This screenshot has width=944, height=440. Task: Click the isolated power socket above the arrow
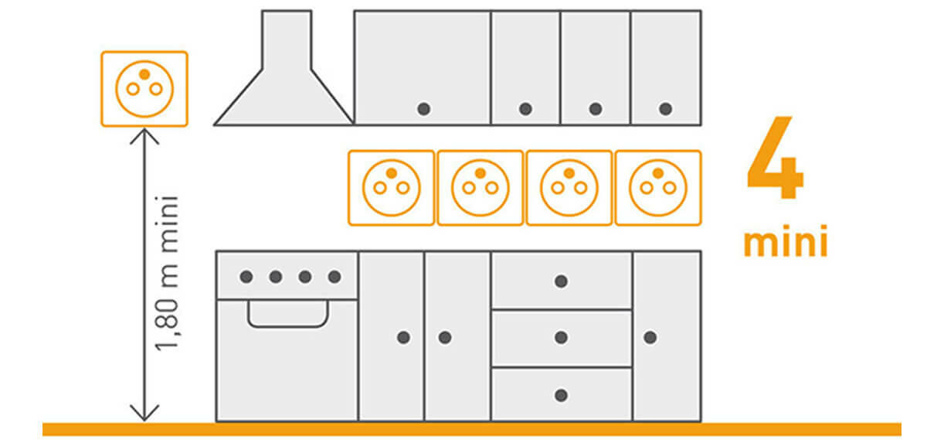coord(144,89)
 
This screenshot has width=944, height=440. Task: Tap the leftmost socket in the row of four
coord(391,188)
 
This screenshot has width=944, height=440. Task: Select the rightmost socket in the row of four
coord(658,188)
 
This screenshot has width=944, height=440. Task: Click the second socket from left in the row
coord(480,188)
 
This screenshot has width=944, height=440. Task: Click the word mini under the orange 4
coord(786,241)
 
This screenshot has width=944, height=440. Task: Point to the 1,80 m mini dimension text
coord(168,274)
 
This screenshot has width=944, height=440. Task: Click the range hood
coord(284,68)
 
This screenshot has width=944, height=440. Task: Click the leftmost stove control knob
coord(246,277)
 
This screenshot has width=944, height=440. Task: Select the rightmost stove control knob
coord(334,277)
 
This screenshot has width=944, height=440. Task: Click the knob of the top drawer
coord(561,281)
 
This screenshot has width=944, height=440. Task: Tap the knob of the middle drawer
coord(561,337)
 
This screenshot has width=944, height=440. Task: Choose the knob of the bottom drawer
coord(561,395)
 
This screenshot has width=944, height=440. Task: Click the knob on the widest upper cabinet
coord(423,109)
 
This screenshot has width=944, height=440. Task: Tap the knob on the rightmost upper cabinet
coord(665,109)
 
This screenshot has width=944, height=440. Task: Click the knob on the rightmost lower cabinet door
coord(650,337)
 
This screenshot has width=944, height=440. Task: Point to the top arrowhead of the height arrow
coord(144,130)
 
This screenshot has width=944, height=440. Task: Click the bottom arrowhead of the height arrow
coord(144,419)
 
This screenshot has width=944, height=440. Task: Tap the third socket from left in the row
coord(569,188)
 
